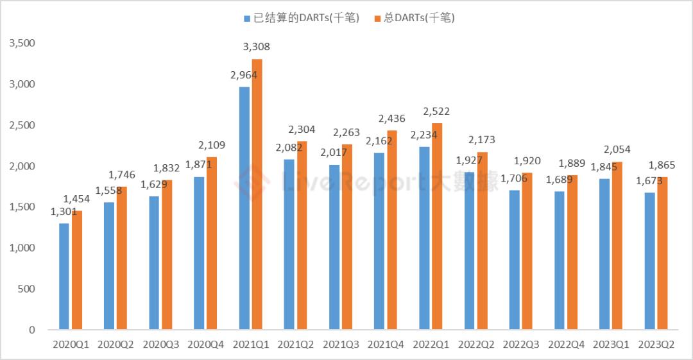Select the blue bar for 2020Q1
pos(64,277)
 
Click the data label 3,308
pos(257,47)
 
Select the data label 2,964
pos(243,75)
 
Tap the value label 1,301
pos(64,212)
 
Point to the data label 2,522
pos(437,112)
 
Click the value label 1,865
pos(662,165)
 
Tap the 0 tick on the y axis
pos(31,330)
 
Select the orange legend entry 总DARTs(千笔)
pos(418,18)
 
